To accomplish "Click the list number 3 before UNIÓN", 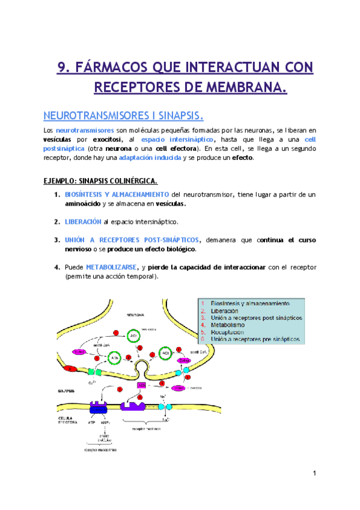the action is [x=57, y=239].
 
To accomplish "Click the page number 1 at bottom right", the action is [x=314, y=474].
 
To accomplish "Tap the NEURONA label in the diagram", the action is [x=135, y=315].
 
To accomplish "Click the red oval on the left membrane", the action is [x=71, y=368].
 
